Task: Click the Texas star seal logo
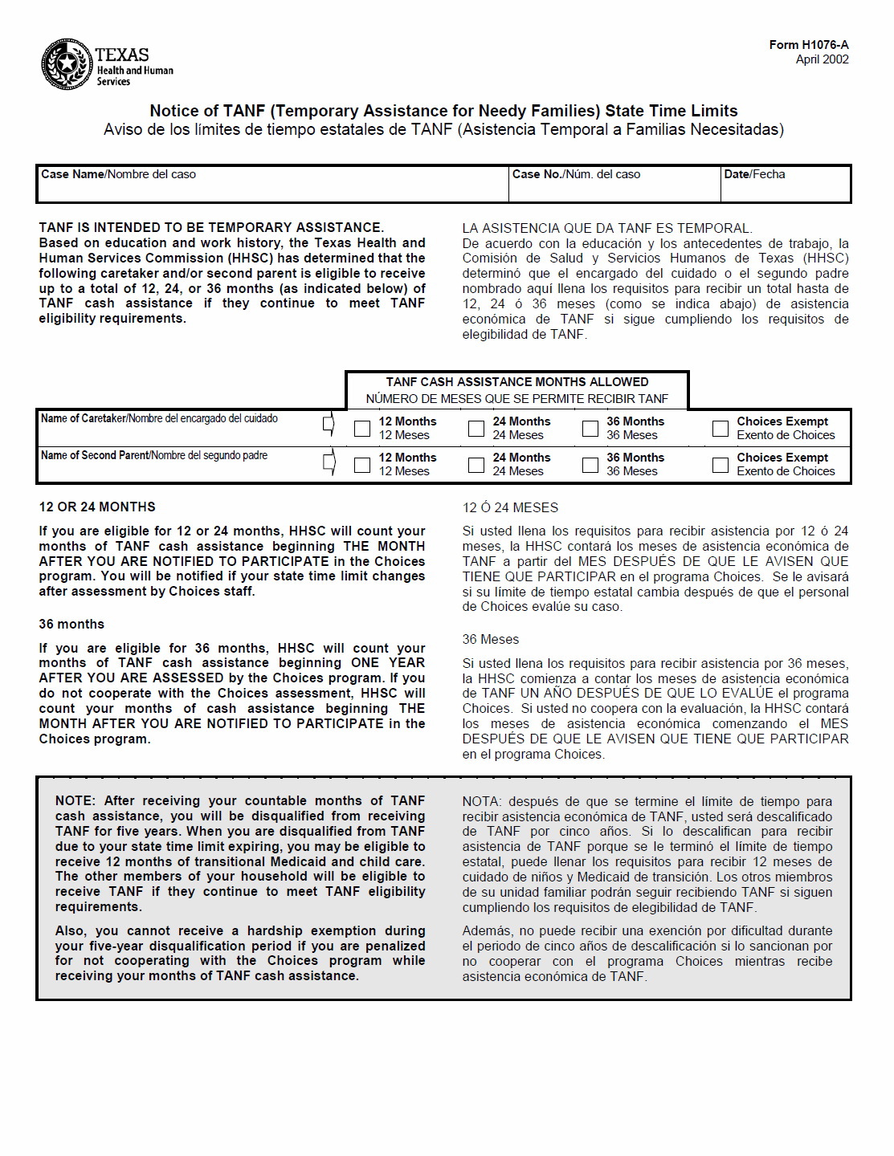67,63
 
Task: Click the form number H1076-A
808,45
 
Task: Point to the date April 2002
822,59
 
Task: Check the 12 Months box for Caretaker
362,429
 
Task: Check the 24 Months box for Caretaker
476,429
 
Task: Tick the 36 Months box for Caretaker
590,429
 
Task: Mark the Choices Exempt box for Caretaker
721,429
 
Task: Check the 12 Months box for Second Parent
362,465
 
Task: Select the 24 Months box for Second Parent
476,465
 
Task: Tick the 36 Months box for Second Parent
590,465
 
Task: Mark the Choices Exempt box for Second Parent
721,465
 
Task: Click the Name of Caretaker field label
159,418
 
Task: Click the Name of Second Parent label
154,455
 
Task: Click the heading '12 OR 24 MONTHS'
97,507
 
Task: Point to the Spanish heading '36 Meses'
490,639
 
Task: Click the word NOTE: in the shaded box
76,800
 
